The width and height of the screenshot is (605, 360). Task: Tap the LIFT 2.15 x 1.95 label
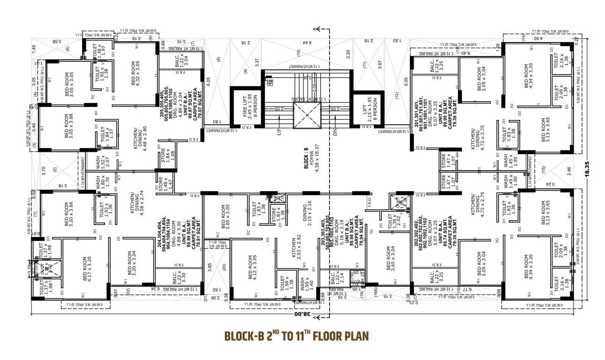(x=365, y=109)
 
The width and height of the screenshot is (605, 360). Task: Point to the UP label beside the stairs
(x=280, y=132)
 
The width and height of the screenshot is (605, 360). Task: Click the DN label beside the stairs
(x=335, y=132)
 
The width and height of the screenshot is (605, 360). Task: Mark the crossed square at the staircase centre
(x=307, y=115)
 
